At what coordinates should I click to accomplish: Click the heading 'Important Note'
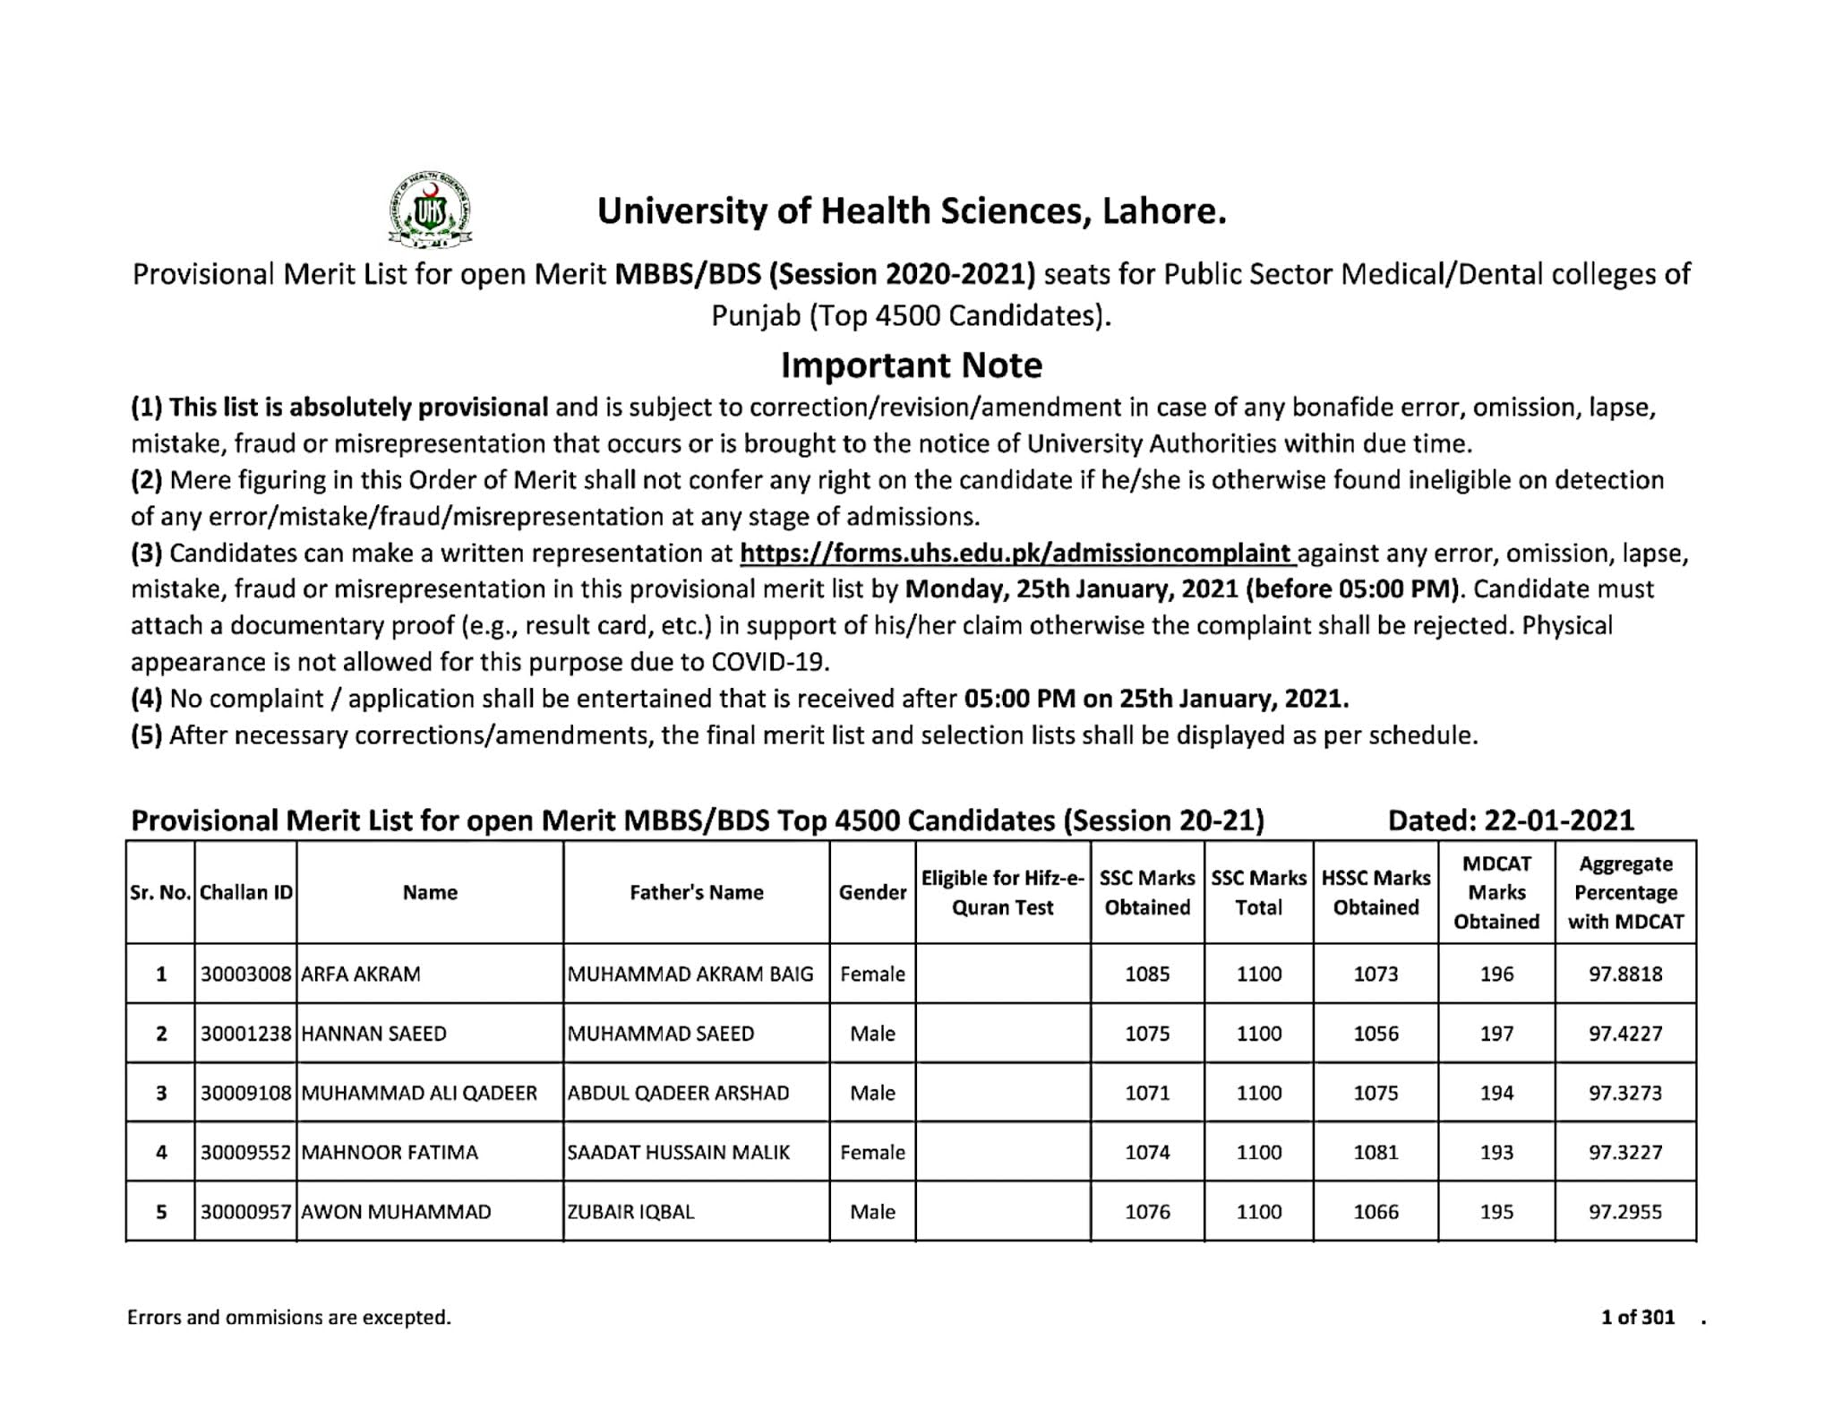pyautogui.click(x=911, y=365)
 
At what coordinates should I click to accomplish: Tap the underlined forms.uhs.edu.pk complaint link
pyautogui.click(x=1017, y=554)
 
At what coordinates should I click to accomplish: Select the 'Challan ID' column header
pyautogui.click(x=245, y=892)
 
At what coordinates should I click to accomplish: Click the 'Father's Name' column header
pyautogui.click(x=696, y=892)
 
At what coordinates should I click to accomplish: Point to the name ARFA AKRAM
pyautogui.click(x=361, y=974)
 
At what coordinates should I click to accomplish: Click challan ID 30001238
pyautogui.click(x=245, y=1034)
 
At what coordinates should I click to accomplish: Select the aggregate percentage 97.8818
pyautogui.click(x=1624, y=974)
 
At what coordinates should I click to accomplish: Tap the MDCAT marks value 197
pyautogui.click(x=1495, y=1034)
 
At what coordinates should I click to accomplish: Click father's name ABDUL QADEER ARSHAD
pyautogui.click(x=678, y=1093)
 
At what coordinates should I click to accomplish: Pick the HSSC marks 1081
pyautogui.click(x=1375, y=1152)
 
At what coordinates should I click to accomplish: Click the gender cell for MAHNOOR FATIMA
pyautogui.click(x=872, y=1152)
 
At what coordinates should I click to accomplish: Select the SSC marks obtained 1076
pyautogui.click(x=1146, y=1212)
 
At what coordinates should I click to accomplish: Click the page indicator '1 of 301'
pyautogui.click(x=1637, y=1317)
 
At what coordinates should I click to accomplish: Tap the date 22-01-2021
pyautogui.click(x=1558, y=820)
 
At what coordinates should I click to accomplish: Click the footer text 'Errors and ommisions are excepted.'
pyautogui.click(x=288, y=1317)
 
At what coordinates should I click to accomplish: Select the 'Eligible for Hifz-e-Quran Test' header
pyautogui.click(x=1002, y=892)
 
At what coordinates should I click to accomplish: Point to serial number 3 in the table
pyautogui.click(x=161, y=1093)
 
